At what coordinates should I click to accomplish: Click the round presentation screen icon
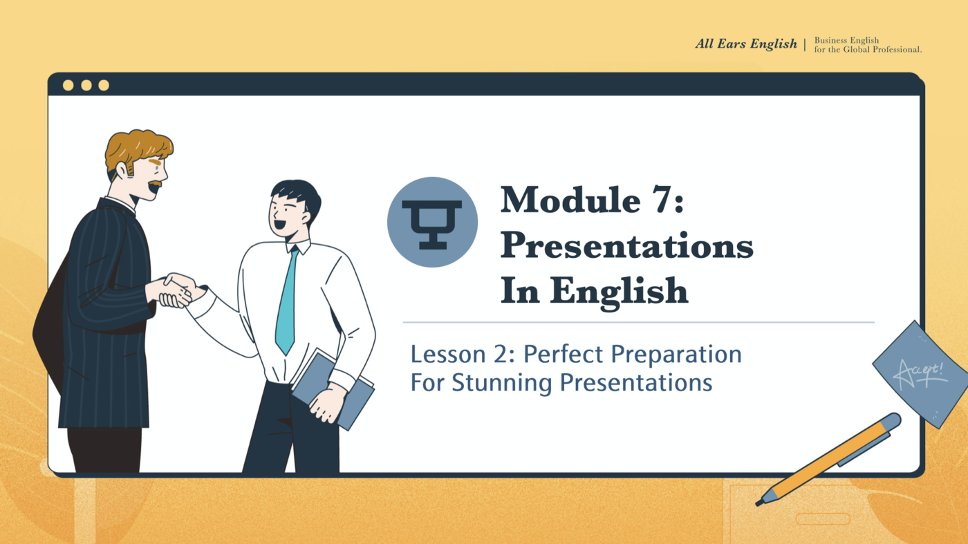[x=432, y=222]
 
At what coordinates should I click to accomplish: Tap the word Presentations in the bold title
[x=626, y=245]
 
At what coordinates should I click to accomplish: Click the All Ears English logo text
[x=745, y=44]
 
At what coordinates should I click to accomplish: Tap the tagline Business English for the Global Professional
[x=867, y=45]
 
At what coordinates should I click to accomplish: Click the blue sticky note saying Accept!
[x=920, y=373]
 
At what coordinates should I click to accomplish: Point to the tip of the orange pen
[x=760, y=503]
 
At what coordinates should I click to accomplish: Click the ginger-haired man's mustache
[x=156, y=185]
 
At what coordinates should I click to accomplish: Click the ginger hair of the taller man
[x=138, y=146]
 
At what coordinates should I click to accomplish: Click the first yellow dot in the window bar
[x=68, y=85]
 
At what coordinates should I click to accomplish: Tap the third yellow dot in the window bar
[x=104, y=85]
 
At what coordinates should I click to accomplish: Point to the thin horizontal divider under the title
[x=638, y=322]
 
